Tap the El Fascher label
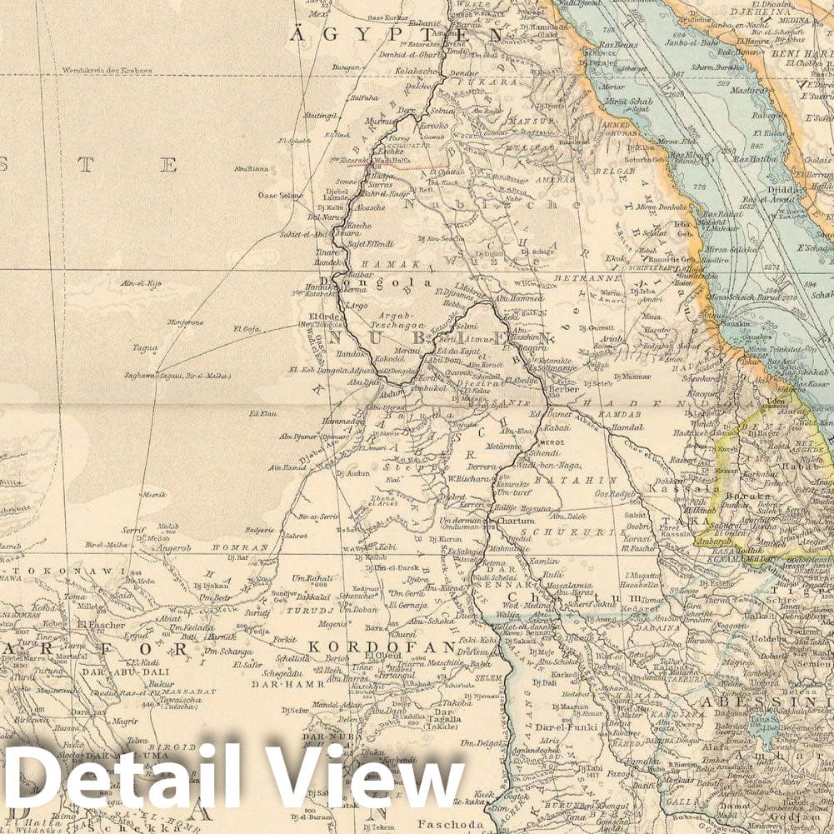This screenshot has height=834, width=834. click(x=101, y=625)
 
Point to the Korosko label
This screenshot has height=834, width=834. click(x=434, y=125)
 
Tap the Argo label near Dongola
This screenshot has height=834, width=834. click(x=356, y=307)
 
